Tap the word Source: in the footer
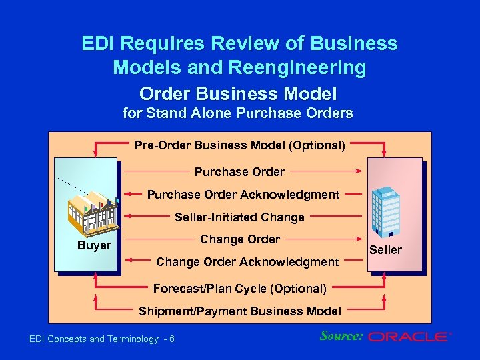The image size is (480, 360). (341, 336)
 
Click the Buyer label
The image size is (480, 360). (94, 245)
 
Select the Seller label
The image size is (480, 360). (385, 249)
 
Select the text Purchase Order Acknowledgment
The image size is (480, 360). (243, 195)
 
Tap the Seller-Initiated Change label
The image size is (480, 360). (239, 217)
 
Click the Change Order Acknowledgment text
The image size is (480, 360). (247, 262)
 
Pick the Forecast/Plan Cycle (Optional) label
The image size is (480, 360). (240, 289)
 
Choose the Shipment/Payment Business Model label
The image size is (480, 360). (240, 311)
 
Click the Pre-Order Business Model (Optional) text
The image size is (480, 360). (240, 145)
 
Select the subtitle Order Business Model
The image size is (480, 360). (238, 93)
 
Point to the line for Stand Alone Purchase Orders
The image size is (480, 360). (238, 113)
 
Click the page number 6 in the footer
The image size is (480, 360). (172, 339)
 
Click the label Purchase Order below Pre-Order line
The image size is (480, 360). (239, 172)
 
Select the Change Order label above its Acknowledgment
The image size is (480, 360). (240, 239)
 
